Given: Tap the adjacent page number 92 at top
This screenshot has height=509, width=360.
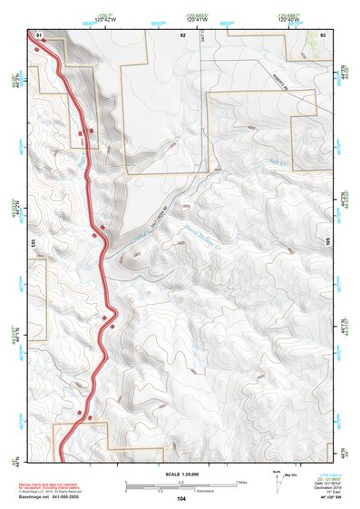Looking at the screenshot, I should click(x=182, y=34).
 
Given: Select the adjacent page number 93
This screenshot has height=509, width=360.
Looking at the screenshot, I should click(x=323, y=34).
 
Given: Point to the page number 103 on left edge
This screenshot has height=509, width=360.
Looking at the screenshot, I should click(x=33, y=243).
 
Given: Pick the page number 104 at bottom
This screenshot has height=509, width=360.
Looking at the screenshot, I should click(x=181, y=499).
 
